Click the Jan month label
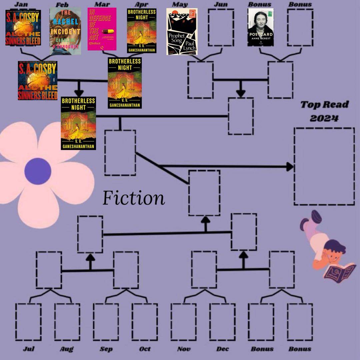click(21, 4)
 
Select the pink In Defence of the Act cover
click(102, 29)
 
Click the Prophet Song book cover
click(182, 32)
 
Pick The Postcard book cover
click(260, 27)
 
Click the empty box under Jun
click(221, 27)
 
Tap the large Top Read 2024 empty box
click(324, 166)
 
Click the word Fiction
click(134, 198)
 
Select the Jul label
click(29, 349)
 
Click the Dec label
click(222, 349)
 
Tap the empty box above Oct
click(145, 322)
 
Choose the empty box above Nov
click(183, 322)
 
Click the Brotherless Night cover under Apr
click(142, 31)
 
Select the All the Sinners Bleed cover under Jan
click(23, 27)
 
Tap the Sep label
click(106, 349)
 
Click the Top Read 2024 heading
click(324, 111)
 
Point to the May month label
click(180, 4)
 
